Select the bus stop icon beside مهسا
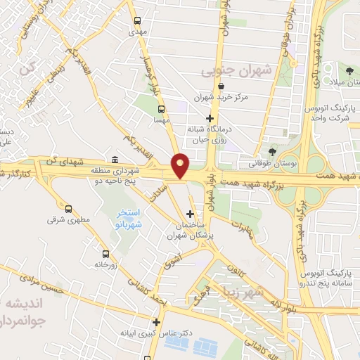tap(162, 109)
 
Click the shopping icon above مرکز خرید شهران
tap(221, 86)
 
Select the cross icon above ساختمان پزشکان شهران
tap(190, 213)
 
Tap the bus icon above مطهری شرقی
tap(69, 208)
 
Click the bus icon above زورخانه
tap(105, 254)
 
